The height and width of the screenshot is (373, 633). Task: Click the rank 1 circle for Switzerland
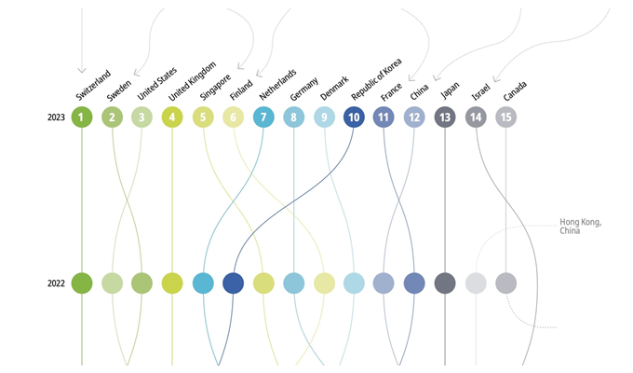click(x=82, y=117)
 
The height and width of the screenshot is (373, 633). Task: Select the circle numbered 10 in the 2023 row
click(x=354, y=117)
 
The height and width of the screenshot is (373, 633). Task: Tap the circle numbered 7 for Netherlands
click(x=263, y=117)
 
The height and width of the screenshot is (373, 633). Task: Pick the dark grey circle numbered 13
click(x=445, y=117)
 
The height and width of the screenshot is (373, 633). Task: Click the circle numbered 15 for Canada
click(x=505, y=117)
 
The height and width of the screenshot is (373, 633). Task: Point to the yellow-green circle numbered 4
click(x=172, y=117)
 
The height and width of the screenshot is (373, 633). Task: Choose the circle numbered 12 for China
click(x=414, y=117)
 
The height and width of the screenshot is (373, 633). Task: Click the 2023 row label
click(x=56, y=118)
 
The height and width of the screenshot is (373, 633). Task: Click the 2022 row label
click(x=56, y=283)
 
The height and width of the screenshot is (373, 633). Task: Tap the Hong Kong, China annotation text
click(x=581, y=227)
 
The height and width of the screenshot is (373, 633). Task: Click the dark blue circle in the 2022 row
click(x=234, y=283)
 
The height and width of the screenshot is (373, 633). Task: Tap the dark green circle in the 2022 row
click(x=82, y=283)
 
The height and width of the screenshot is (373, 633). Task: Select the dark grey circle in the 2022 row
click(x=445, y=283)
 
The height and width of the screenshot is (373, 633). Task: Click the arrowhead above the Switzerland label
click(x=82, y=68)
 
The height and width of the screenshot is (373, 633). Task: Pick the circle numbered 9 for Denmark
click(x=324, y=117)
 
